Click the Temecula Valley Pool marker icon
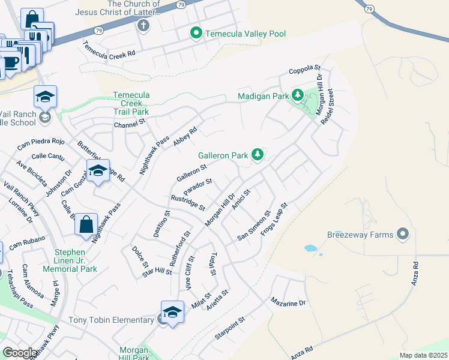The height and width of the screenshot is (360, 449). tap(196, 34)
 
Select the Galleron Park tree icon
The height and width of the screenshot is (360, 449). tap(258, 155)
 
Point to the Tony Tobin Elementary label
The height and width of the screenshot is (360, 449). tap(111, 320)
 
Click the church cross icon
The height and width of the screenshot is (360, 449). tap(143, 26)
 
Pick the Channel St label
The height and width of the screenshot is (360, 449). tap(130, 125)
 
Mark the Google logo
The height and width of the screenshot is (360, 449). tap(19, 353)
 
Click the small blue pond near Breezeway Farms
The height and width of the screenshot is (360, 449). tap(310, 248)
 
